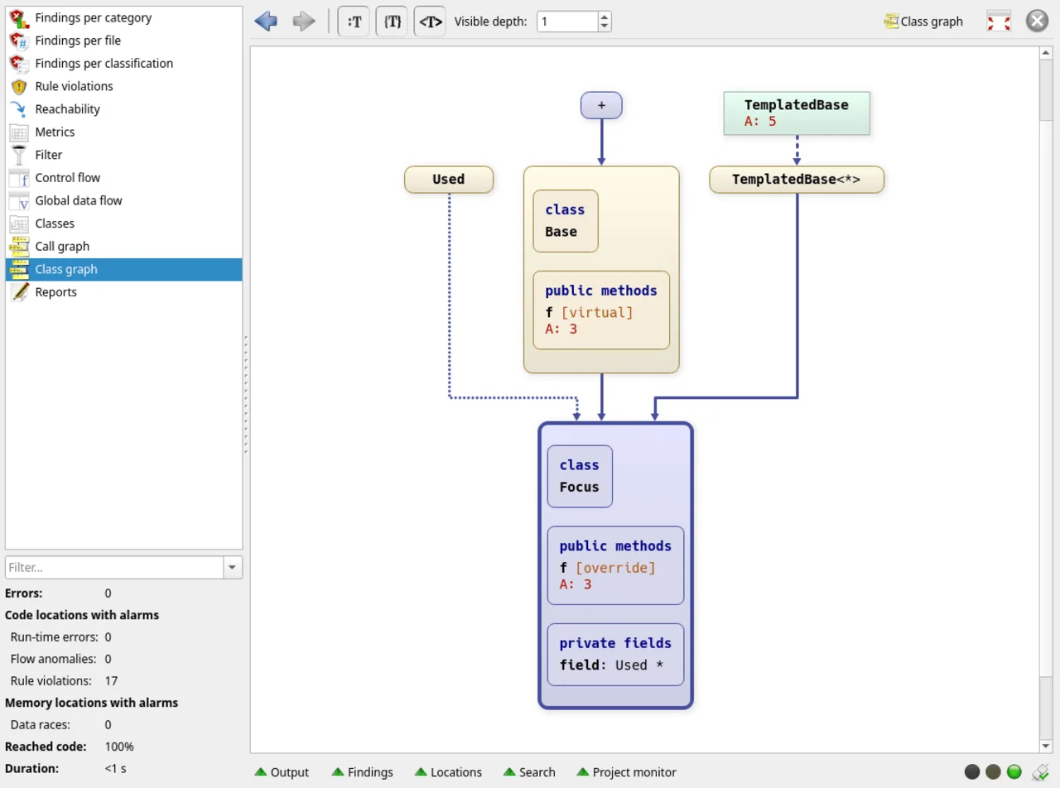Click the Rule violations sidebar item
pos(74,86)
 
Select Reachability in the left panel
pos(67,109)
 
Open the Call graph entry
pos(62,247)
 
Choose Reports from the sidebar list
pos(56,292)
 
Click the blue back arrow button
pos(266,22)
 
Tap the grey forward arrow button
pos(304,22)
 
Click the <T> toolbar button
pos(430,22)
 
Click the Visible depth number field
pos(566,22)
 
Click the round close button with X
pos(1037,21)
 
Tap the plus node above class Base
pos(601,105)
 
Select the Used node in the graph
pos(449,180)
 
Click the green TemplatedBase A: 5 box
pos(797,113)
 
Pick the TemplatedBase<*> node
pos(797,180)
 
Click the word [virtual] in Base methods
pos(597,313)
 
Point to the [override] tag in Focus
pos(615,568)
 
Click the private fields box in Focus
pos(615,655)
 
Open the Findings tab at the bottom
pos(363,772)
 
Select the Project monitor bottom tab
pos(627,772)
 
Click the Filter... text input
pos(114,567)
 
